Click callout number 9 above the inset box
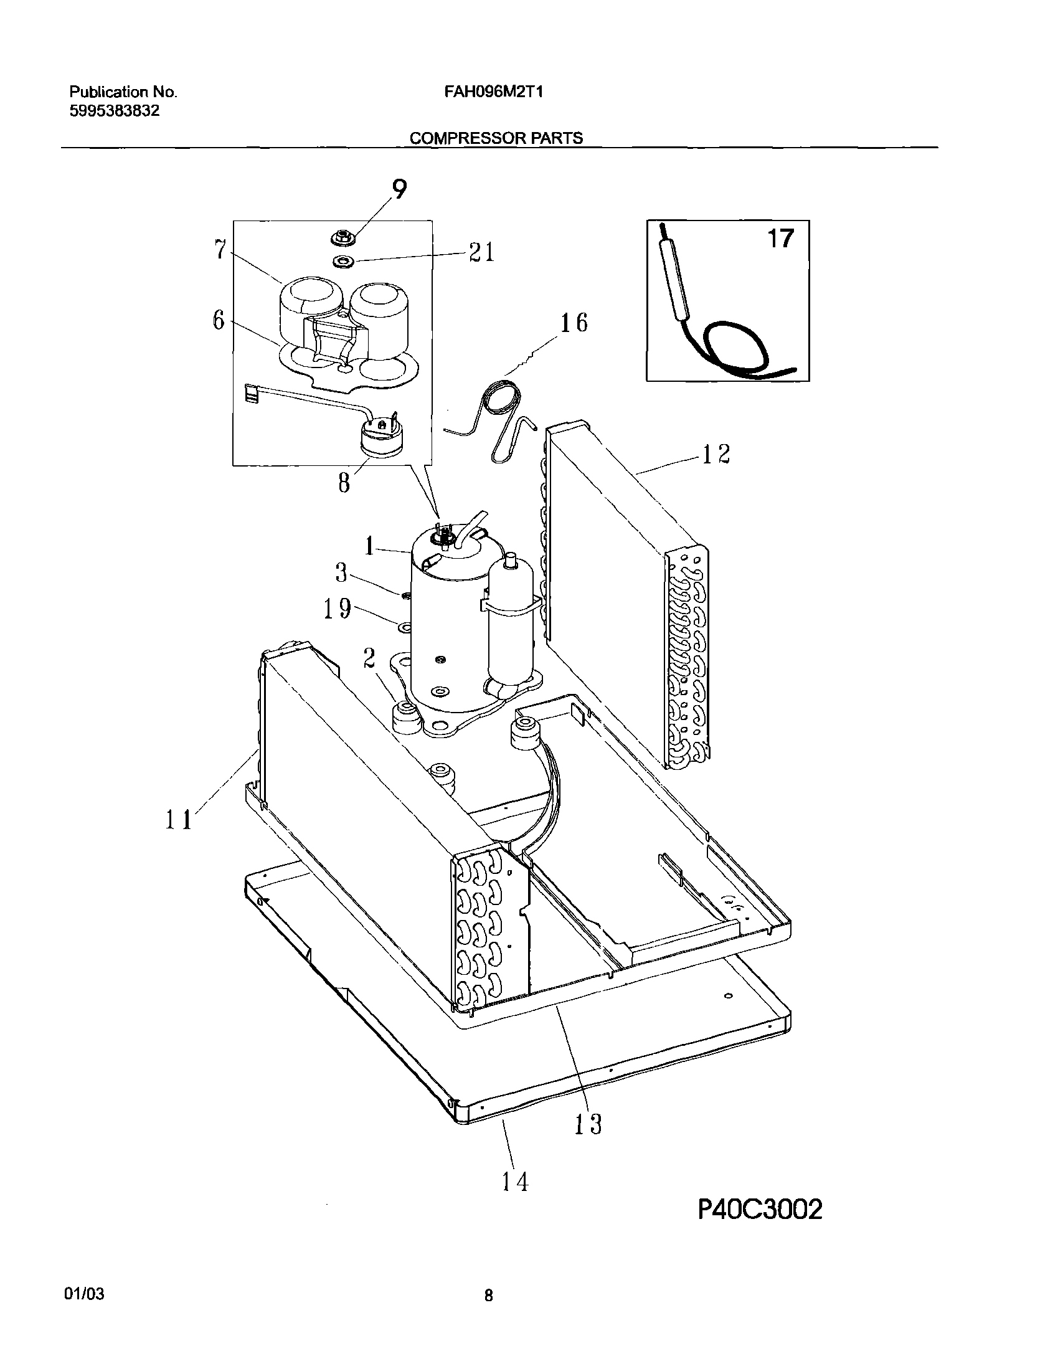399,189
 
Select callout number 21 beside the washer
481,252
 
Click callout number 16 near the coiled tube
574,323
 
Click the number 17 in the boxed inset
780,239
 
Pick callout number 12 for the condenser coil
716,453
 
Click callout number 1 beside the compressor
370,547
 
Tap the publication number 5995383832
114,111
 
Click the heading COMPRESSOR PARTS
496,138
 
